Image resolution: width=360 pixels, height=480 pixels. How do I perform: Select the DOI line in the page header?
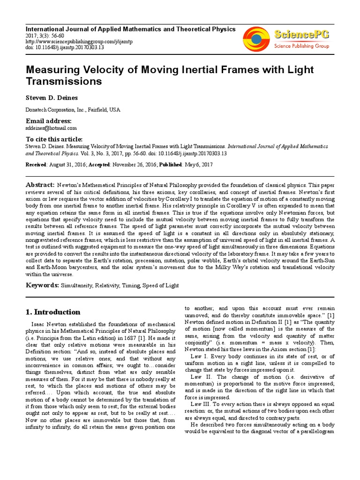pos(65,47)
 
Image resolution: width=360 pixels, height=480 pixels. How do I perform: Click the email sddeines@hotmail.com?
pos(51,127)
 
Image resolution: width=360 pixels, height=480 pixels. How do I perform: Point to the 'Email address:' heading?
pos(48,120)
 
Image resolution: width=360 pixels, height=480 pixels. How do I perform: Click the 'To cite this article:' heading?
pos(54,139)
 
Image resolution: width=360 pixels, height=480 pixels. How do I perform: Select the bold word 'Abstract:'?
pos(40,185)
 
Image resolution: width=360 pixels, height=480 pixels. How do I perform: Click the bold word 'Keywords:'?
pos(42,285)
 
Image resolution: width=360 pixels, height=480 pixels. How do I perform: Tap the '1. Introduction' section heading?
pos(52,312)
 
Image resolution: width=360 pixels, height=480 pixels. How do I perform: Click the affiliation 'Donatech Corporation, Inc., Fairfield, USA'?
pos(73,110)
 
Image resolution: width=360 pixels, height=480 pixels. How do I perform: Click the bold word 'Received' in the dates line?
pos(36,165)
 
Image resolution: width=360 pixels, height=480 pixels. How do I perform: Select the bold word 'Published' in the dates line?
pos(172,165)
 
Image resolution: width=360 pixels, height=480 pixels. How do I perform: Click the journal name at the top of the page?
pos(130,29)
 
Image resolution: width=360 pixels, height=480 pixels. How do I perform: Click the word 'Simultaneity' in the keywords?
pos(77,285)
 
